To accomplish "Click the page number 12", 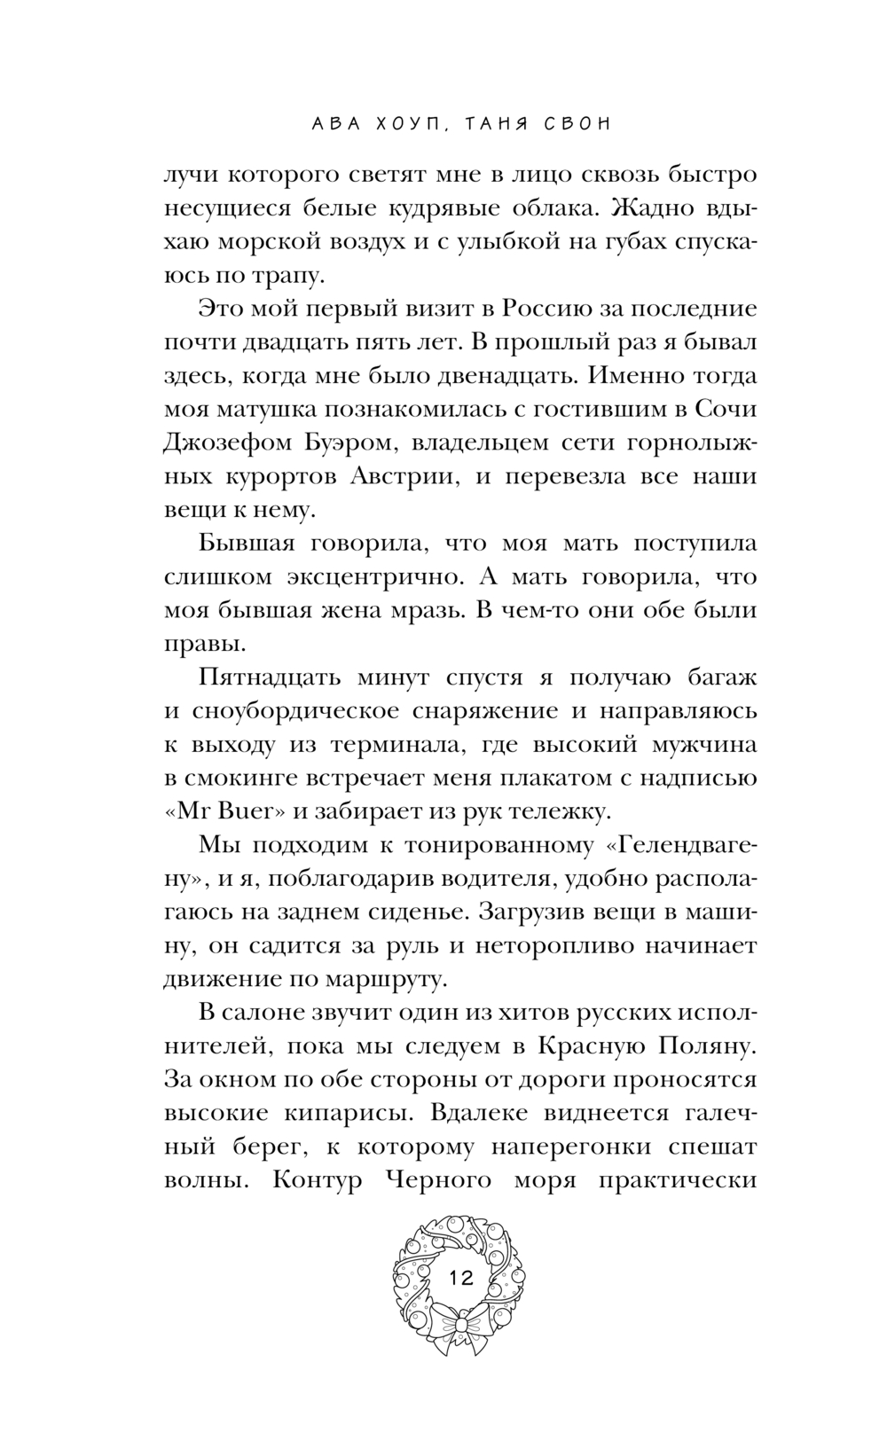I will coord(461,1278).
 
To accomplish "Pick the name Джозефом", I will coord(234,442).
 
